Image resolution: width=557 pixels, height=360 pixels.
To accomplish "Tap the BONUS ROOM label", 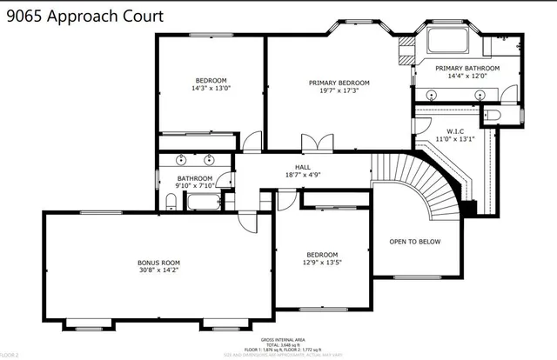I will [x=158, y=262].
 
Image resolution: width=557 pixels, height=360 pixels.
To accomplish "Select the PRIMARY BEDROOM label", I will [x=339, y=83].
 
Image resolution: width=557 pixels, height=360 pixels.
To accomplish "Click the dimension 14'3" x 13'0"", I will [x=211, y=88].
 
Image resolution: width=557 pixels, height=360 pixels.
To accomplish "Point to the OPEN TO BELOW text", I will [x=414, y=242].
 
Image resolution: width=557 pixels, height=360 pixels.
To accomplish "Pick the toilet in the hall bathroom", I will [x=171, y=203].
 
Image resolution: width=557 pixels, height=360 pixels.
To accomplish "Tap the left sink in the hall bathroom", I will [x=180, y=160].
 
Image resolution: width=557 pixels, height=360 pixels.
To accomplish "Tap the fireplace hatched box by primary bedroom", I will [x=404, y=50].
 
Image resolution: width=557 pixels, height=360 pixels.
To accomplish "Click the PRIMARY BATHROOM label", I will [x=467, y=68].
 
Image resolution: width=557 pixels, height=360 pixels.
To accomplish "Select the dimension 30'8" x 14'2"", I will [x=158, y=270].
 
